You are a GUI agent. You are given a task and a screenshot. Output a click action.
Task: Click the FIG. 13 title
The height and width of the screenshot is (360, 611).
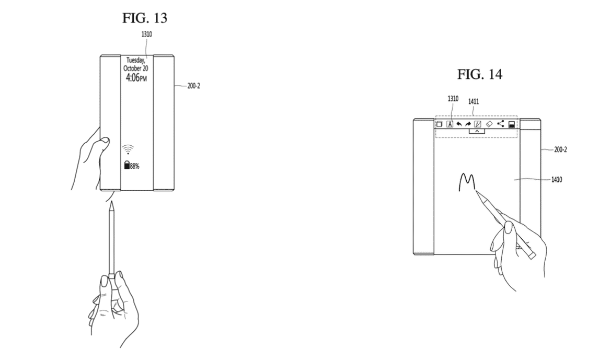(x=145, y=18)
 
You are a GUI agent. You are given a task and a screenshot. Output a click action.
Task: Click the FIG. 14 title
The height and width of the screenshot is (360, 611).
(x=480, y=75)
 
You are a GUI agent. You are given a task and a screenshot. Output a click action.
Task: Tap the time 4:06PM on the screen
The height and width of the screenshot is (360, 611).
(x=135, y=78)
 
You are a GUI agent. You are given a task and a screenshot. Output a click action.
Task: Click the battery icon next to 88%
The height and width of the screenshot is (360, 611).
(x=126, y=166)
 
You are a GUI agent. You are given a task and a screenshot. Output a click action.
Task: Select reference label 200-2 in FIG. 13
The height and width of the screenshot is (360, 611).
(x=193, y=86)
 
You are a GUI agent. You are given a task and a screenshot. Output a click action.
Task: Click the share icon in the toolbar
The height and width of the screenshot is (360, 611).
(x=501, y=124)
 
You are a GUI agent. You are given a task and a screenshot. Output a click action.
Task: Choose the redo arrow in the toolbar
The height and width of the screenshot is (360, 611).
(x=468, y=124)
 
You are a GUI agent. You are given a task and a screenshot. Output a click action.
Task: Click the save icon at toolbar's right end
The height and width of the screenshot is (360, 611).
(x=512, y=124)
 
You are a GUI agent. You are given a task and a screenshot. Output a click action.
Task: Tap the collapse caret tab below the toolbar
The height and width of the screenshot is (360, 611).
(x=477, y=131)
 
